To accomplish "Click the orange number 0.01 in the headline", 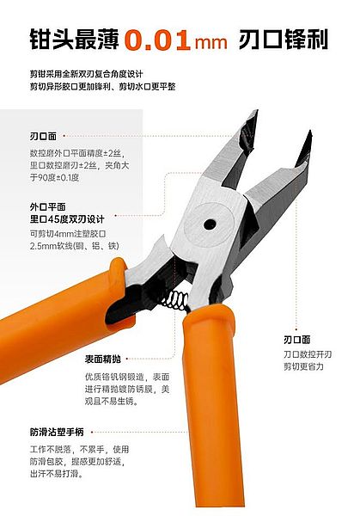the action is click(157, 40).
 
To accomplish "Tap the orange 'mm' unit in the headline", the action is click(211, 43).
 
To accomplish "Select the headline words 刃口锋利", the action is click(284, 40).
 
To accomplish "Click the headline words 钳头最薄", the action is click(74, 40).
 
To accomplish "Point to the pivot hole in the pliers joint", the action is click(210, 224).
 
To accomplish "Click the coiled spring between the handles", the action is click(175, 300).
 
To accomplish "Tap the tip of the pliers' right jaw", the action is click(309, 132).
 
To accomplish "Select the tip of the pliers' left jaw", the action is click(256, 112).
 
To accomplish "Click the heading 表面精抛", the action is click(103, 359).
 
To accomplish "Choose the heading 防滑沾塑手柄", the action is click(57, 432).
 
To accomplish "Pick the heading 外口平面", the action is click(47, 207).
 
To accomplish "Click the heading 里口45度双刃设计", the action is click(67, 219).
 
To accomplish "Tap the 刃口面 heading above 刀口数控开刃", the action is click(297, 340).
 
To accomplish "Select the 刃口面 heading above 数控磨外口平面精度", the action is click(44, 136).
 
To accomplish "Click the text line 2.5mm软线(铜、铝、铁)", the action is click(75, 246).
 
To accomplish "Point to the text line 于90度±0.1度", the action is click(55, 178).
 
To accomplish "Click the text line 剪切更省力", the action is click(304, 366).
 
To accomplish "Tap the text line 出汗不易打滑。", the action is click(58, 474).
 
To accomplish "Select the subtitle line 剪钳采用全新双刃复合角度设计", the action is click(87, 73).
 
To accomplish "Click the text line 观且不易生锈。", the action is click(112, 402).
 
